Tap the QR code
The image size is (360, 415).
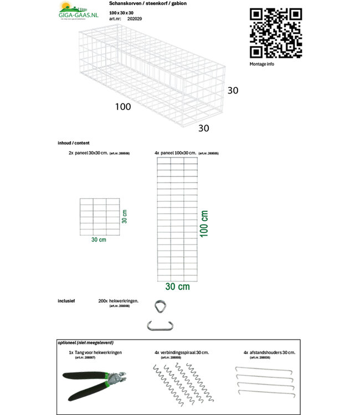[x=275, y=33]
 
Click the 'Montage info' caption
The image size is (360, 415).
[x=262, y=64]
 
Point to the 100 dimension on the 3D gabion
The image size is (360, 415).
[x=123, y=106]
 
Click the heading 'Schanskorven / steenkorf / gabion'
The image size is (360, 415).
[x=140, y=4]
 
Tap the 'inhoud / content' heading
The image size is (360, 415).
[x=73, y=143]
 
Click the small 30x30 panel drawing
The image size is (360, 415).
[x=100, y=215]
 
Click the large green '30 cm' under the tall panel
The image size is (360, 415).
[x=177, y=287]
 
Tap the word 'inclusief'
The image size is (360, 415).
[x=66, y=301]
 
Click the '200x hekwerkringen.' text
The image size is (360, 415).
[x=118, y=301]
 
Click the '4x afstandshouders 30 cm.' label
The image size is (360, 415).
[x=270, y=352]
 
